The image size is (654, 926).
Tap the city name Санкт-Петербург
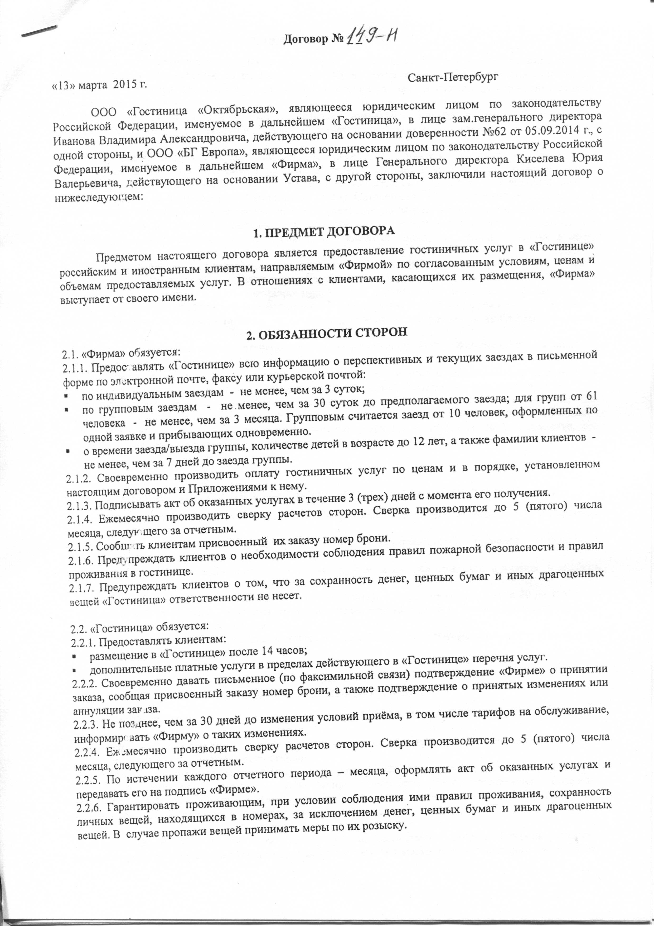pos(453,77)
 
